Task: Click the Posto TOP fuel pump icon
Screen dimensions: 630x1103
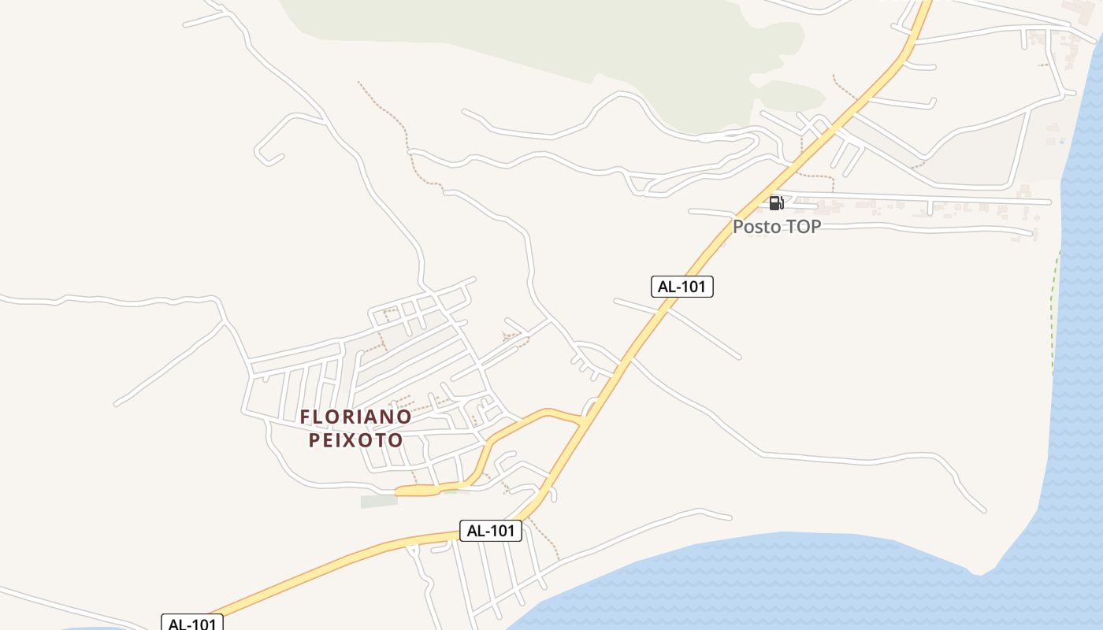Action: click(776, 203)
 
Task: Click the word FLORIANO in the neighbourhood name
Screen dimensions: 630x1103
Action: click(355, 417)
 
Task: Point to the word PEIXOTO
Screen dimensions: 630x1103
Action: click(355, 440)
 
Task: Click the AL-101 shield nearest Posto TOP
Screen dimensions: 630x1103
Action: click(681, 287)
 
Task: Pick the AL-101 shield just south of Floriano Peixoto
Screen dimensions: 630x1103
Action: click(490, 531)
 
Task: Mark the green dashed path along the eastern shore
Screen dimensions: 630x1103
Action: click(1054, 315)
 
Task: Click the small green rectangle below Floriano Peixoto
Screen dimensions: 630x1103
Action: click(379, 501)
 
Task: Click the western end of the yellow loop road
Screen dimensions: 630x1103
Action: click(399, 491)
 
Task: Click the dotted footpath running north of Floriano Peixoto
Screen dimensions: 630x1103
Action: click(394, 118)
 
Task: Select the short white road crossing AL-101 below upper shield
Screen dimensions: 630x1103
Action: click(693, 331)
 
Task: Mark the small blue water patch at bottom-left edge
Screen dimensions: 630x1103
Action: click(95, 628)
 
